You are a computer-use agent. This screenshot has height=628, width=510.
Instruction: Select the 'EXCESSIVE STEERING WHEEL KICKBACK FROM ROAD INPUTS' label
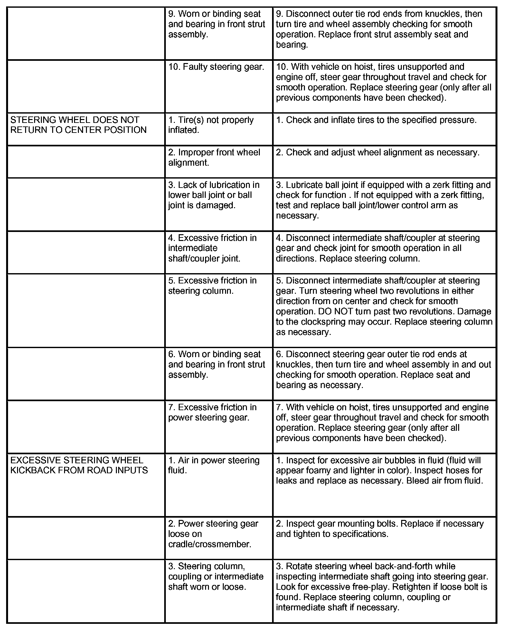pyautogui.click(x=79, y=465)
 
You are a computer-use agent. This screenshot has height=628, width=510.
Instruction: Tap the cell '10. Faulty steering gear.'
pyautogui.click(x=216, y=67)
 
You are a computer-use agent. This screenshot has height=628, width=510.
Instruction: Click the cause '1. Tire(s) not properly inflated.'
pyautogui.click(x=211, y=125)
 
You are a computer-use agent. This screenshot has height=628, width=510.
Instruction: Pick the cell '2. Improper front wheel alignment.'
pyautogui.click(x=214, y=157)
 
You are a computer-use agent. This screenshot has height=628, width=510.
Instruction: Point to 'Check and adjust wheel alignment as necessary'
pyautogui.click(x=377, y=152)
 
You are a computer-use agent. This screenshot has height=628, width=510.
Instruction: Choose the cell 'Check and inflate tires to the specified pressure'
pyautogui.click(x=376, y=120)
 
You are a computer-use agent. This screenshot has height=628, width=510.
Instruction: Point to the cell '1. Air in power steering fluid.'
pyautogui.click(x=214, y=465)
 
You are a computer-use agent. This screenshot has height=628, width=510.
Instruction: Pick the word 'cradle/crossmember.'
pyautogui.click(x=210, y=544)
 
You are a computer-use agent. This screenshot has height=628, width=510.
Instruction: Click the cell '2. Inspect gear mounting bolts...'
pyautogui.click(x=380, y=529)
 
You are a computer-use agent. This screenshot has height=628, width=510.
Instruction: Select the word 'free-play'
pyautogui.click(x=372, y=587)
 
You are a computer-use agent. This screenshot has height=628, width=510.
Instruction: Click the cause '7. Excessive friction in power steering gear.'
pyautogui.click(x=212, y=412)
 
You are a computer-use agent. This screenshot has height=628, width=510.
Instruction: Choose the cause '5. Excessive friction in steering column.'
pyautogui.click(x=212, y=286)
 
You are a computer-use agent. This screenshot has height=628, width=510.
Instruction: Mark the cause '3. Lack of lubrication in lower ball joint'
pyautogui.click(x=214, y=195)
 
